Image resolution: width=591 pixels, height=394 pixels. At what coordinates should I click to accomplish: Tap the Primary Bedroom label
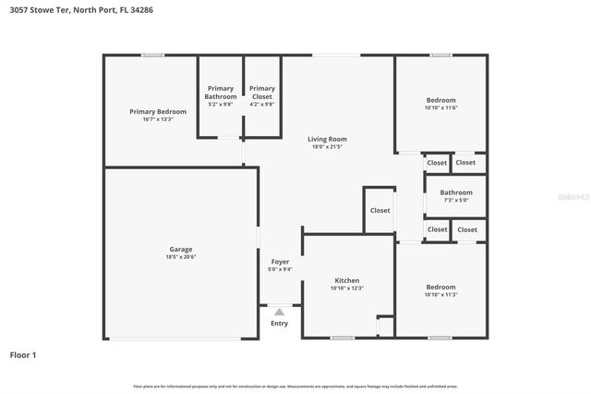click(x=157, y=111)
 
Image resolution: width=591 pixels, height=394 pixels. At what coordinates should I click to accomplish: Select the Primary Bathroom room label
click(x=221, y=92)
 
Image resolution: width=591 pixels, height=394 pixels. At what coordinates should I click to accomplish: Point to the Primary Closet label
click(x=262, y=92)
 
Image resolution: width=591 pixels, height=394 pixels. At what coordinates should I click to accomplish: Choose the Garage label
click(x=180, y=249)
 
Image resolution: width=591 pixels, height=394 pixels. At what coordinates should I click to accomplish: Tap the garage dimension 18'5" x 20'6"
click(x=180, y=257)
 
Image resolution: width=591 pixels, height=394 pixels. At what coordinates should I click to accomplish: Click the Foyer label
click(x=280, y=262)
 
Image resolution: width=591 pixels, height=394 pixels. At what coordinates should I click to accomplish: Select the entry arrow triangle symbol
click(x=279, y=312)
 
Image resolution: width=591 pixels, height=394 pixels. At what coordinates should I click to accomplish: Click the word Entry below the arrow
click(x=279, y=323)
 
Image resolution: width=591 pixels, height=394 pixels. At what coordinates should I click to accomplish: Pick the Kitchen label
click(x=347, y=280)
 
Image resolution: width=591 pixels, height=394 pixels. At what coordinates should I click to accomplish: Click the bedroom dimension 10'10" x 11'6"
click(x=440, y=108)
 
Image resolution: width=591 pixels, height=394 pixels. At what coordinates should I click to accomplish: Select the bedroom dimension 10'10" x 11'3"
click(x=440, y=294)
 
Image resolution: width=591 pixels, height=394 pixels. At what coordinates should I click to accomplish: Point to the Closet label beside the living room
click(x=380, y=210)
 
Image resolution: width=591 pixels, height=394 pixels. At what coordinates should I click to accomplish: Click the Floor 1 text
click(x=23, y=354)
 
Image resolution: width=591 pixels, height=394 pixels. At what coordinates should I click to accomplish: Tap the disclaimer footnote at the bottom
click(x=295, y=386)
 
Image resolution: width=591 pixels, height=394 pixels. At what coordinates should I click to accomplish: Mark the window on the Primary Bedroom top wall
click(x=153, y=55)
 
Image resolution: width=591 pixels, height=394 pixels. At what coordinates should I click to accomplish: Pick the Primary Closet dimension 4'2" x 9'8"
click(x=262, y=104)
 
